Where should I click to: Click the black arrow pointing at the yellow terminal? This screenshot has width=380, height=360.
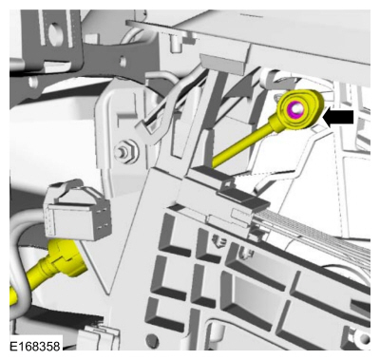click(338, 117)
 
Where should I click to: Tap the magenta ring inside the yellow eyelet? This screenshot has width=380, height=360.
click(294, 109)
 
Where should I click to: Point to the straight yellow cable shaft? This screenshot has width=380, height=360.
click(243, 142)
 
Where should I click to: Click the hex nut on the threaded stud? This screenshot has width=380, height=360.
click(125, 151)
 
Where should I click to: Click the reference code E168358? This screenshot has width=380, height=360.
click(35, 347)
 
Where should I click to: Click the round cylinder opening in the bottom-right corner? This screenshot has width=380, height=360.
click(362, 337)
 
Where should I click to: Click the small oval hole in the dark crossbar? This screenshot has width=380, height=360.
click(122, 60)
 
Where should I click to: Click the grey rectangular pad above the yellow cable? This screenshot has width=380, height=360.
click(220, 64)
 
